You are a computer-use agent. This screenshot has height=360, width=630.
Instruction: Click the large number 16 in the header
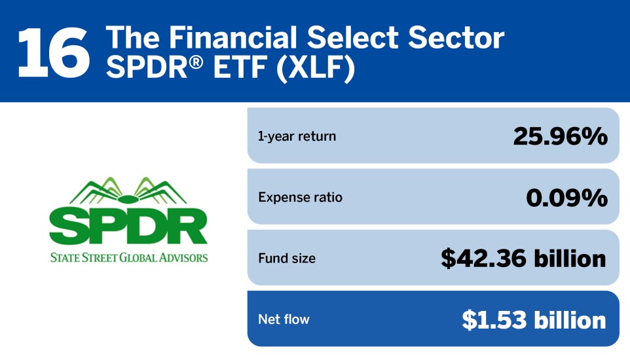coord(54,51)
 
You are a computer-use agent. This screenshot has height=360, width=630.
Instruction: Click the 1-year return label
coord(297,137)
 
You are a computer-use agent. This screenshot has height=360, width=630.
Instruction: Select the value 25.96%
coord(560,137)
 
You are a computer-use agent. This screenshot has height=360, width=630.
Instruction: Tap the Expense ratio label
coord(300,198)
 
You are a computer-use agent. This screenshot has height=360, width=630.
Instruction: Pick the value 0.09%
coord(566,198)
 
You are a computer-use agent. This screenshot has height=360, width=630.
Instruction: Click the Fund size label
coord(287,259)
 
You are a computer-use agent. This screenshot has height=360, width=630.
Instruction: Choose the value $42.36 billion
coord(523,259)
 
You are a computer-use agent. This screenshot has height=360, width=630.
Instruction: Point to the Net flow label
coord(284,319)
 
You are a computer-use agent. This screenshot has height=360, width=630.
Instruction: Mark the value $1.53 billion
coord(534,319)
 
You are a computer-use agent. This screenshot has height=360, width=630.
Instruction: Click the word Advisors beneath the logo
coord(185,257)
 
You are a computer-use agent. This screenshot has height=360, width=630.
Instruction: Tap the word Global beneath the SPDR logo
coord(139,257)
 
